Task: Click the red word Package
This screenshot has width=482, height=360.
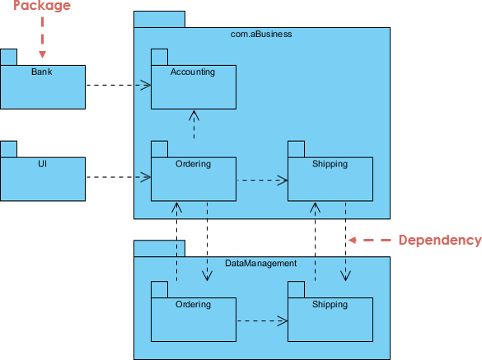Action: coord(42,7)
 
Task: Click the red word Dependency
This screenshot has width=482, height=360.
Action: coord(439,241)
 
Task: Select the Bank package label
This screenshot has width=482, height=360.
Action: coord(42,72)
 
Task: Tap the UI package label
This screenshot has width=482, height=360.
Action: coord(42,163)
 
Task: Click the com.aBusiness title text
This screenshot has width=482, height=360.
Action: coord(261,35)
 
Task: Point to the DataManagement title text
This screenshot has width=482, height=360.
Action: coord(261,264)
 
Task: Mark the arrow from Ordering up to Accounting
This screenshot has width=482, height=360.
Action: coord(194,125)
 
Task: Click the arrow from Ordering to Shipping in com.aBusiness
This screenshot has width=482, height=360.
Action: coord(261,180)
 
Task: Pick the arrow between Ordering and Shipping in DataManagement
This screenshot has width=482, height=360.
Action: coord(261,320)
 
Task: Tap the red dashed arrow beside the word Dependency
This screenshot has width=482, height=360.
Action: coord(369,241)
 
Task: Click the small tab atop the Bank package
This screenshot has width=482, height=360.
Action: coord(8,57)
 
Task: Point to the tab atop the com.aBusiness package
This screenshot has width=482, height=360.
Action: coord(159,19)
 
